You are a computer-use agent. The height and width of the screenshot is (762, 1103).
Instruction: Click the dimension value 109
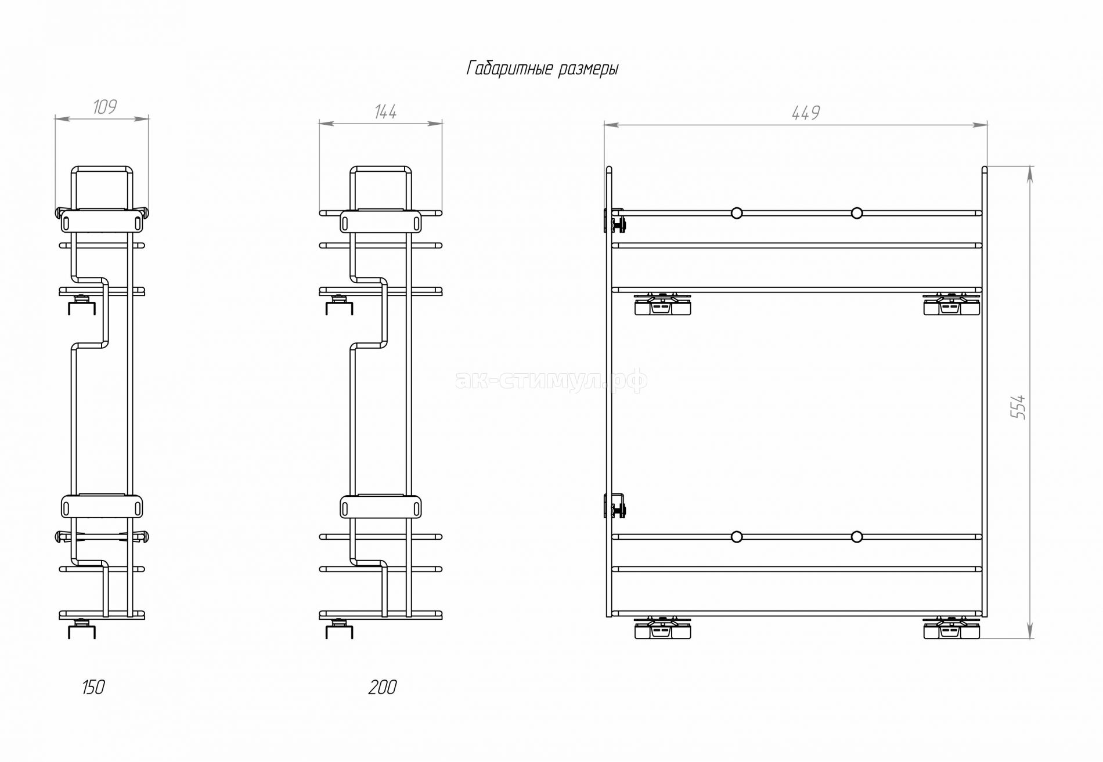tap(104, 107)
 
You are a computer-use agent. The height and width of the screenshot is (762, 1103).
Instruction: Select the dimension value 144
tap(385, 111)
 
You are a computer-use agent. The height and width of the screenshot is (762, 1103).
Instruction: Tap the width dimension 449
tap(806, 113)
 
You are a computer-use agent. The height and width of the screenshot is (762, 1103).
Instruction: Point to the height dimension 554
tap(1018, 407)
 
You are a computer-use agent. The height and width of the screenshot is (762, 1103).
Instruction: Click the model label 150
tap(93, 687)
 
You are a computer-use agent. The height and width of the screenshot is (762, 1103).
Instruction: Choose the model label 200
tap(383, 687)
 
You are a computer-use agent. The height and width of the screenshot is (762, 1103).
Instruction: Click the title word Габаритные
tap(509, 68)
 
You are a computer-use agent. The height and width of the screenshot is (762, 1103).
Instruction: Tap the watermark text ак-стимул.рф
tap(551, 380)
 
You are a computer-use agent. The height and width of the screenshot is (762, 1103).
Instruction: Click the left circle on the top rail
tap(737, 213)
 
